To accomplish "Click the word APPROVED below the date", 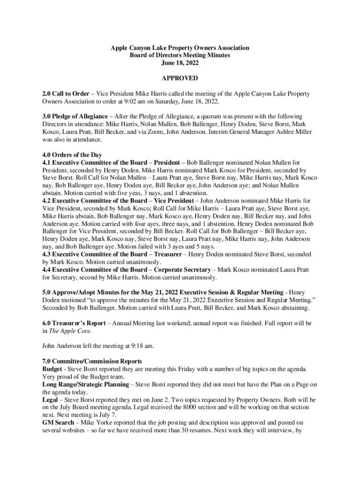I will pyautogui.click(x=180, y=78).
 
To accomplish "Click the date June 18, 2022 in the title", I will pyautogui.click(x=180, y=63).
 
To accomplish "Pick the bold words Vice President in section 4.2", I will pyautogui.click(x=173, y=201).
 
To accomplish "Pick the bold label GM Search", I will pyautogui.click(x=59, y=422).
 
